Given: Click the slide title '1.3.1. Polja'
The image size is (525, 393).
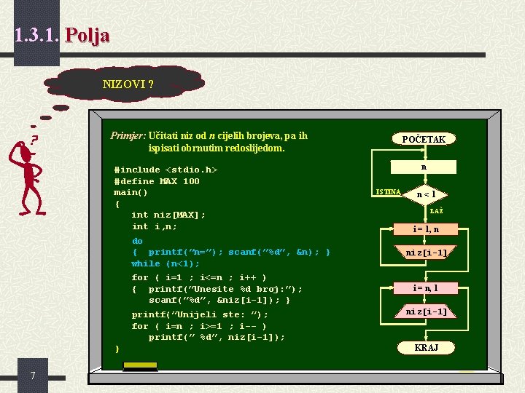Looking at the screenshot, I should tap(62, 34).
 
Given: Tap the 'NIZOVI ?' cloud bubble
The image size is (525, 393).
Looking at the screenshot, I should tap(128, 84).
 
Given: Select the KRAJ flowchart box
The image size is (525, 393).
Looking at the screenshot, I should tap(426, 348).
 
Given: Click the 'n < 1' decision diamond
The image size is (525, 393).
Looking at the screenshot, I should tap(426, 194).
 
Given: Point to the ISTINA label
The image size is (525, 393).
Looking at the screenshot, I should tap(387, 191).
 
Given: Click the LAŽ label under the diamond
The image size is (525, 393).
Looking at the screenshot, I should tap(436, 211).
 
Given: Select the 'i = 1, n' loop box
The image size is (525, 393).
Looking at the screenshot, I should tap(426, 229).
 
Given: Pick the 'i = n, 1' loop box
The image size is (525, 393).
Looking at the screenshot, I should tap(426, 288).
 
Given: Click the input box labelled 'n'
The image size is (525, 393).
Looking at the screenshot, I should tap(424, 167).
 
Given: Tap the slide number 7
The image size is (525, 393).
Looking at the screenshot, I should tap(34, 375).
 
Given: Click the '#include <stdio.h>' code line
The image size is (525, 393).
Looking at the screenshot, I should tap(166, 170).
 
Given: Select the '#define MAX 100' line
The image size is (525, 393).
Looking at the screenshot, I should tap(157, 181).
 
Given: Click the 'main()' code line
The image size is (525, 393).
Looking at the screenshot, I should tap(131, 192).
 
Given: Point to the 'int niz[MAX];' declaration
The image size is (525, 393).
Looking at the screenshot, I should tap(168, 215).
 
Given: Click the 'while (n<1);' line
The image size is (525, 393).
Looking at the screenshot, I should tap(165, 263).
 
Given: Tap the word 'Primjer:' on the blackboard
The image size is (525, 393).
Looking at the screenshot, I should tap(128, 135).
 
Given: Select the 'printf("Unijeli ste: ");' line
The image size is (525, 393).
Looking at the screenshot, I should tap(200, 314).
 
